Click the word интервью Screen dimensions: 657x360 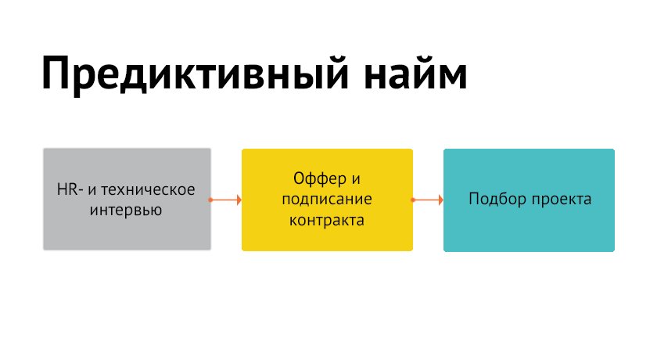point(127,210)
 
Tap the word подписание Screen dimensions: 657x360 point(327,199)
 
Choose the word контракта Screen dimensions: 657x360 point(327,220)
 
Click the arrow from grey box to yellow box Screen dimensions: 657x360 point(226,200)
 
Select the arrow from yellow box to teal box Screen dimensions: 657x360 point(428,200)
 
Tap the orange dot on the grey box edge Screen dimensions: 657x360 point(211,200)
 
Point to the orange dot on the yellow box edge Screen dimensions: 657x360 point(413,200)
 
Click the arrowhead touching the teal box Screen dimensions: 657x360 point(440,200)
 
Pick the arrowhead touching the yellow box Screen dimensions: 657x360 point(239,200)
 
